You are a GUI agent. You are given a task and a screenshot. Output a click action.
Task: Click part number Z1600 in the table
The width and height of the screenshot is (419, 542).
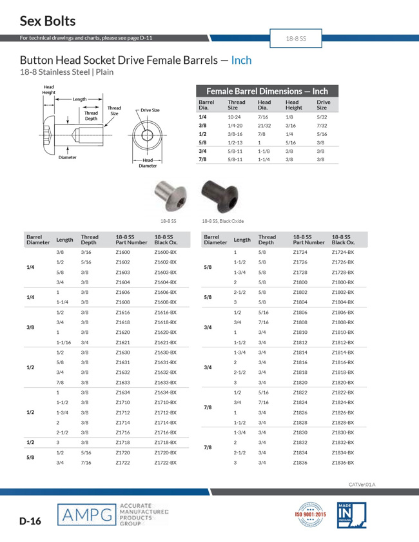click(122, 252)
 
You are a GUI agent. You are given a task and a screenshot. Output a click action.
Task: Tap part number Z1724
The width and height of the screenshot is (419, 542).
click(300, 252)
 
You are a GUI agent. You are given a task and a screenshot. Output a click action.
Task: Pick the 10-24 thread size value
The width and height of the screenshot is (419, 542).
click(234, 117)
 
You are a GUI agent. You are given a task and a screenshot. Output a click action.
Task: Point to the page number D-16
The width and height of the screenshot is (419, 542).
click(30, 521)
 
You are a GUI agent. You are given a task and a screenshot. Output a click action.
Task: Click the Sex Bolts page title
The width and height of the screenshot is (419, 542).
click(47, 21)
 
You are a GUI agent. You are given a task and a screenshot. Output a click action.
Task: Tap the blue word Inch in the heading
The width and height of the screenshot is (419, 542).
click(241, 61)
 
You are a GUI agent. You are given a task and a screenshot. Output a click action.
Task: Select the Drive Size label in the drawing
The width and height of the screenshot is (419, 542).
click(150, 110)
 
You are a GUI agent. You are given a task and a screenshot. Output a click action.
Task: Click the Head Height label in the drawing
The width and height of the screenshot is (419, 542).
click(49, 90)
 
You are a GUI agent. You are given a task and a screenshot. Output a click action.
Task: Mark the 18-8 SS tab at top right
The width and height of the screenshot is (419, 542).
click(296, 39)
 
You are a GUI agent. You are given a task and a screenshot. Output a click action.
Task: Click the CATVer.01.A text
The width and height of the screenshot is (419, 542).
click(362, 483)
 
